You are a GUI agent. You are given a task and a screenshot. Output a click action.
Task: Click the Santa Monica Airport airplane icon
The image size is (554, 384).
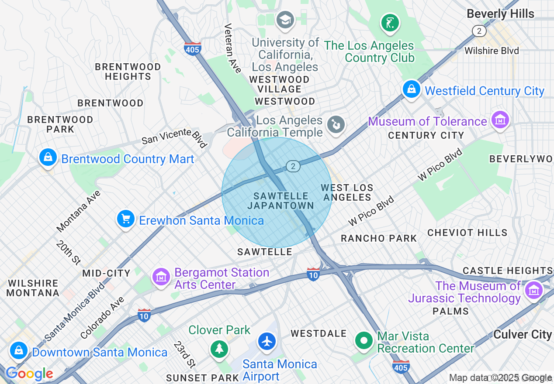[267, 341]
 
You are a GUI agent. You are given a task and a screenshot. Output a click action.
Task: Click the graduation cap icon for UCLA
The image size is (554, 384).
[285, 20]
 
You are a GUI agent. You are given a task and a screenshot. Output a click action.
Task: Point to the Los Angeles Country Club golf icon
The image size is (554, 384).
[390, 23]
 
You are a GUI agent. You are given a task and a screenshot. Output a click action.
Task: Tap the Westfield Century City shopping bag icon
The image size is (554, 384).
[411, 89]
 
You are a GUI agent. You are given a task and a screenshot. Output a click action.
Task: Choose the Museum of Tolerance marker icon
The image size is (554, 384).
[500, 120]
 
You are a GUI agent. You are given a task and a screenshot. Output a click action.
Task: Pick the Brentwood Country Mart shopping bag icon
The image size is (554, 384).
[48, 158]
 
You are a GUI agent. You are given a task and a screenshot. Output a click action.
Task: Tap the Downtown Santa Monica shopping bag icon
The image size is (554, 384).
[18, 350]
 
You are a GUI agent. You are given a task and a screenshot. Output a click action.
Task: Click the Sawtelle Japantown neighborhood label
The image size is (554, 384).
[280, 201]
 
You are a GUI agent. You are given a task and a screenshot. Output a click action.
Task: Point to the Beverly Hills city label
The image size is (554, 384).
[500, 14]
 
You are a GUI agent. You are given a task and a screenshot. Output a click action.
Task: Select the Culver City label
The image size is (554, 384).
[523, 335]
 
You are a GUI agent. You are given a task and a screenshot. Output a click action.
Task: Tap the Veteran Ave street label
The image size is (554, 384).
[232, 48]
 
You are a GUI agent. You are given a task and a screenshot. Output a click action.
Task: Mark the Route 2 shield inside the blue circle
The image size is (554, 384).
[293, 166]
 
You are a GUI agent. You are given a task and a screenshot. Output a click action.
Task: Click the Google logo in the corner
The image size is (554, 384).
[29, 374]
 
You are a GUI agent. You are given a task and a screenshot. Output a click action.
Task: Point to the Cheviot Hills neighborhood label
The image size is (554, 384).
[467, 233]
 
